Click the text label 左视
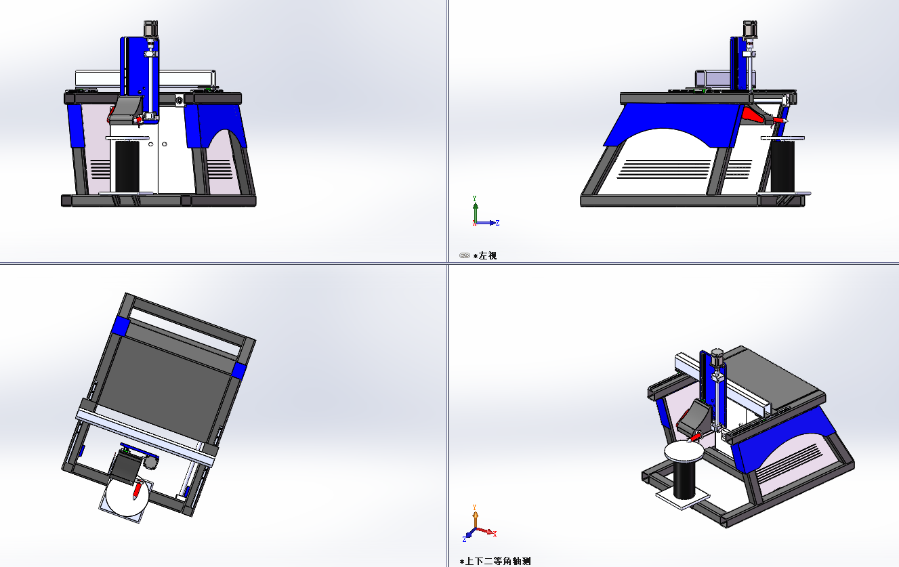click(488, 256)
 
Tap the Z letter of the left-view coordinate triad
click(497, 223)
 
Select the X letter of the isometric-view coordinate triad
click(495, 534)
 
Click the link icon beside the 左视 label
click(464, 256)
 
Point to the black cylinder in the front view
click(126, 166)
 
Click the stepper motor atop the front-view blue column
click(150, 29)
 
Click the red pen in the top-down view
click(137, 490)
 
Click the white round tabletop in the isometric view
click(685, 452)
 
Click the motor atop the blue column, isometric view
click(717, 355)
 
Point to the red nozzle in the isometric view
click(694, 438)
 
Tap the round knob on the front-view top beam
click(180, 101)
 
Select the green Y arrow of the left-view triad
click(476, 207)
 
